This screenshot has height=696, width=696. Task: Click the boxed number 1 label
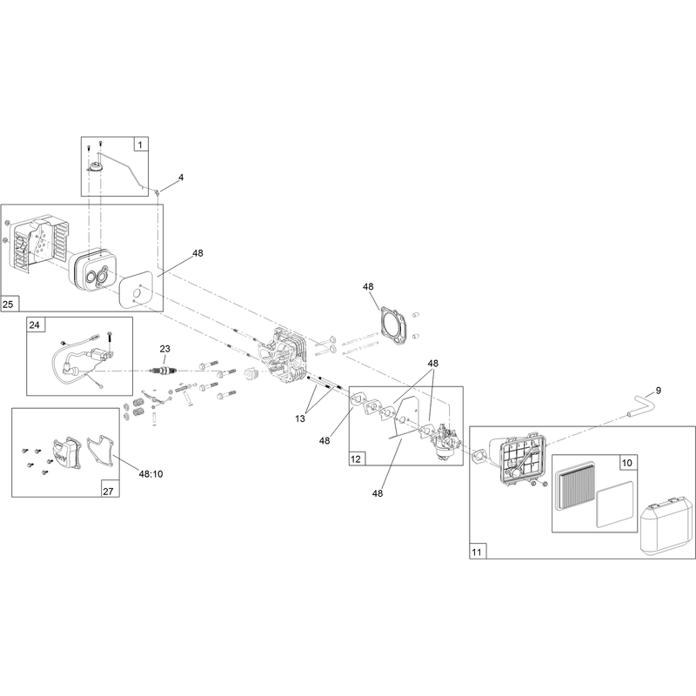click(141, 144)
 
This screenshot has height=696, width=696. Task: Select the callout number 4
click(181, 177)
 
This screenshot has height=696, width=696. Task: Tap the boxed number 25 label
click(8, 304)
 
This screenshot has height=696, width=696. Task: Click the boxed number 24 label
click(35, 325)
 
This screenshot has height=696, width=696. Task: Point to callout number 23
click(164, 349)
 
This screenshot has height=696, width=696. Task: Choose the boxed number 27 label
click(108, 491)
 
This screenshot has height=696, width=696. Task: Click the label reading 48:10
click(151, 474)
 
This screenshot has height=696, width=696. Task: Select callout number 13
click(300, 418)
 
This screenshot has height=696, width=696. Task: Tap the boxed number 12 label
click(356, 459)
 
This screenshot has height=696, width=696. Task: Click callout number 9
click(659, 390)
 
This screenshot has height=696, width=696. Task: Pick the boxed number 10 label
click(626, 463)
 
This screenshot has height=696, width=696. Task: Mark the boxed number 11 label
click(476, 552)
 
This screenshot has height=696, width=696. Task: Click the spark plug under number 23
click(165, 371)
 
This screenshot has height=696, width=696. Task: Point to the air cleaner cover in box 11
click(666, 528)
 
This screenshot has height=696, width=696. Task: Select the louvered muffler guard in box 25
click(39, 244)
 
